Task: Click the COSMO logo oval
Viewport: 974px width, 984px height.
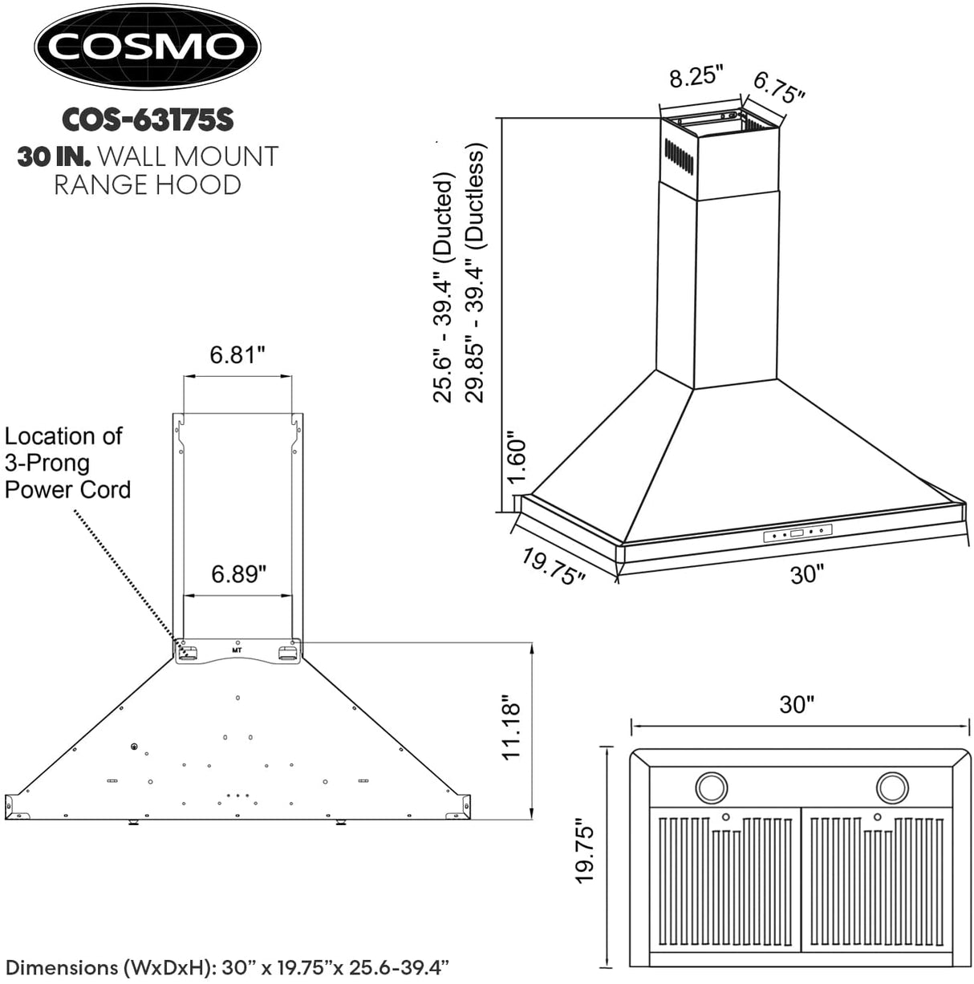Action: tap(146, 47)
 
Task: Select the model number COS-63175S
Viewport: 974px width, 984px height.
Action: tap(148, 119)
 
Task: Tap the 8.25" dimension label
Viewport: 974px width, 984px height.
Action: tap(696, 77)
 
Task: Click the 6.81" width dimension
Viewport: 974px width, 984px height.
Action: tap(237, 354)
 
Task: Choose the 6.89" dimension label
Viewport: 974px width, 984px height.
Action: tap(238, 574)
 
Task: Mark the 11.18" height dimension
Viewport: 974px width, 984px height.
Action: tap(510, 728)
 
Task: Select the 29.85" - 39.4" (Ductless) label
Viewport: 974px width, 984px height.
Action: tap(474, 273)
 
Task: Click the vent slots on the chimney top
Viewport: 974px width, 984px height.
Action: tap(678, 155)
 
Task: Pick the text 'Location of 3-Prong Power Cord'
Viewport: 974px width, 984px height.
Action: tap(67, 463)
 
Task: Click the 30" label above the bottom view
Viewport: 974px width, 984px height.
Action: tap(797, 704)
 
